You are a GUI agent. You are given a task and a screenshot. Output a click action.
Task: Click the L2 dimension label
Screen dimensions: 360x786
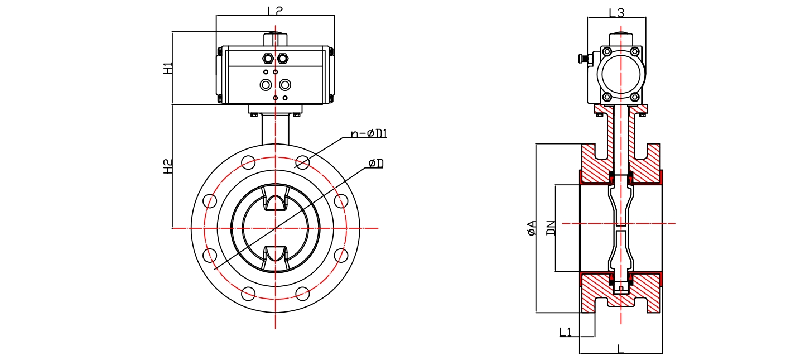point(276,10)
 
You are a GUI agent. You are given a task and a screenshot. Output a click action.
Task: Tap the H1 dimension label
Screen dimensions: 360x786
point(167,69)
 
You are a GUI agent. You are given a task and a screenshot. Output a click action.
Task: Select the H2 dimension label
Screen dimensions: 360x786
point(167,166)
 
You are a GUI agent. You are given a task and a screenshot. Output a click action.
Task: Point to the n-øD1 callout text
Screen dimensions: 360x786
point(369,133)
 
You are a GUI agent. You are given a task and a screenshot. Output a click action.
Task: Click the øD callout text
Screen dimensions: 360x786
point(376,163)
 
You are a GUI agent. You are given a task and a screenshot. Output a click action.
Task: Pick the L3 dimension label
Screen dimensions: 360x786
point(616,12)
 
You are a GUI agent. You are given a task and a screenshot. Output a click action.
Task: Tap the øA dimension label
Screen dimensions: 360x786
point(532,228)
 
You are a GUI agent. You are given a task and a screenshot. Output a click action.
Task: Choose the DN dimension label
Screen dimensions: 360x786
point(551,228)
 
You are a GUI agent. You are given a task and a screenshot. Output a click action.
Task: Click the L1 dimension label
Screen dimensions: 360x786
point(565,332)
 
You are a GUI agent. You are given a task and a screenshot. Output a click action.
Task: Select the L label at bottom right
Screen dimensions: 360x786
point(621,349)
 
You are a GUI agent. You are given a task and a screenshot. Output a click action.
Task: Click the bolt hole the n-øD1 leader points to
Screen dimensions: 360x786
point(302,162)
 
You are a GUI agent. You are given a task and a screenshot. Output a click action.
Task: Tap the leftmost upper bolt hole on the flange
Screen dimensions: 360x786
point(210,201)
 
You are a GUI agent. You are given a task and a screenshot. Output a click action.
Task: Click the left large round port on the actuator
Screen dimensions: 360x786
point(266,85)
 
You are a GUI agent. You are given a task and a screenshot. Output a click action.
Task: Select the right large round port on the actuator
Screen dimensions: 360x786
point(285,85)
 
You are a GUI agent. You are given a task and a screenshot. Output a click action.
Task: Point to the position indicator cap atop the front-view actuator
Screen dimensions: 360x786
point(275,39)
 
